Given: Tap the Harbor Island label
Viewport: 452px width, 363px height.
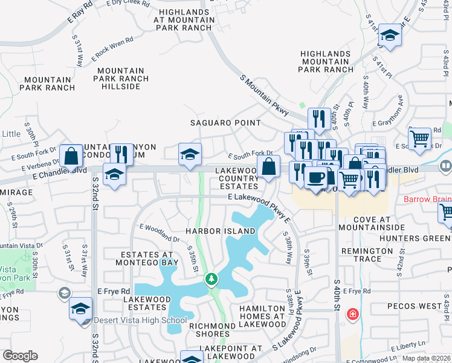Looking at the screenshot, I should pyautogui.click(x=221, y=232).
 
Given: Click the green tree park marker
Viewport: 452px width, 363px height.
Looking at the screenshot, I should pyautogui.click(x=211, y=279).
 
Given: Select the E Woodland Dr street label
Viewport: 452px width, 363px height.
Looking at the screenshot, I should pyautogui.click(x=160, y=233).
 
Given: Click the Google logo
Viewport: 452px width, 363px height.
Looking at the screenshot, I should pyautogui.click(x=20, y=356).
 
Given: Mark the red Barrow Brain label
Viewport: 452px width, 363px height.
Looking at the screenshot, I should pyautogui.click(x=428, y=199).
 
